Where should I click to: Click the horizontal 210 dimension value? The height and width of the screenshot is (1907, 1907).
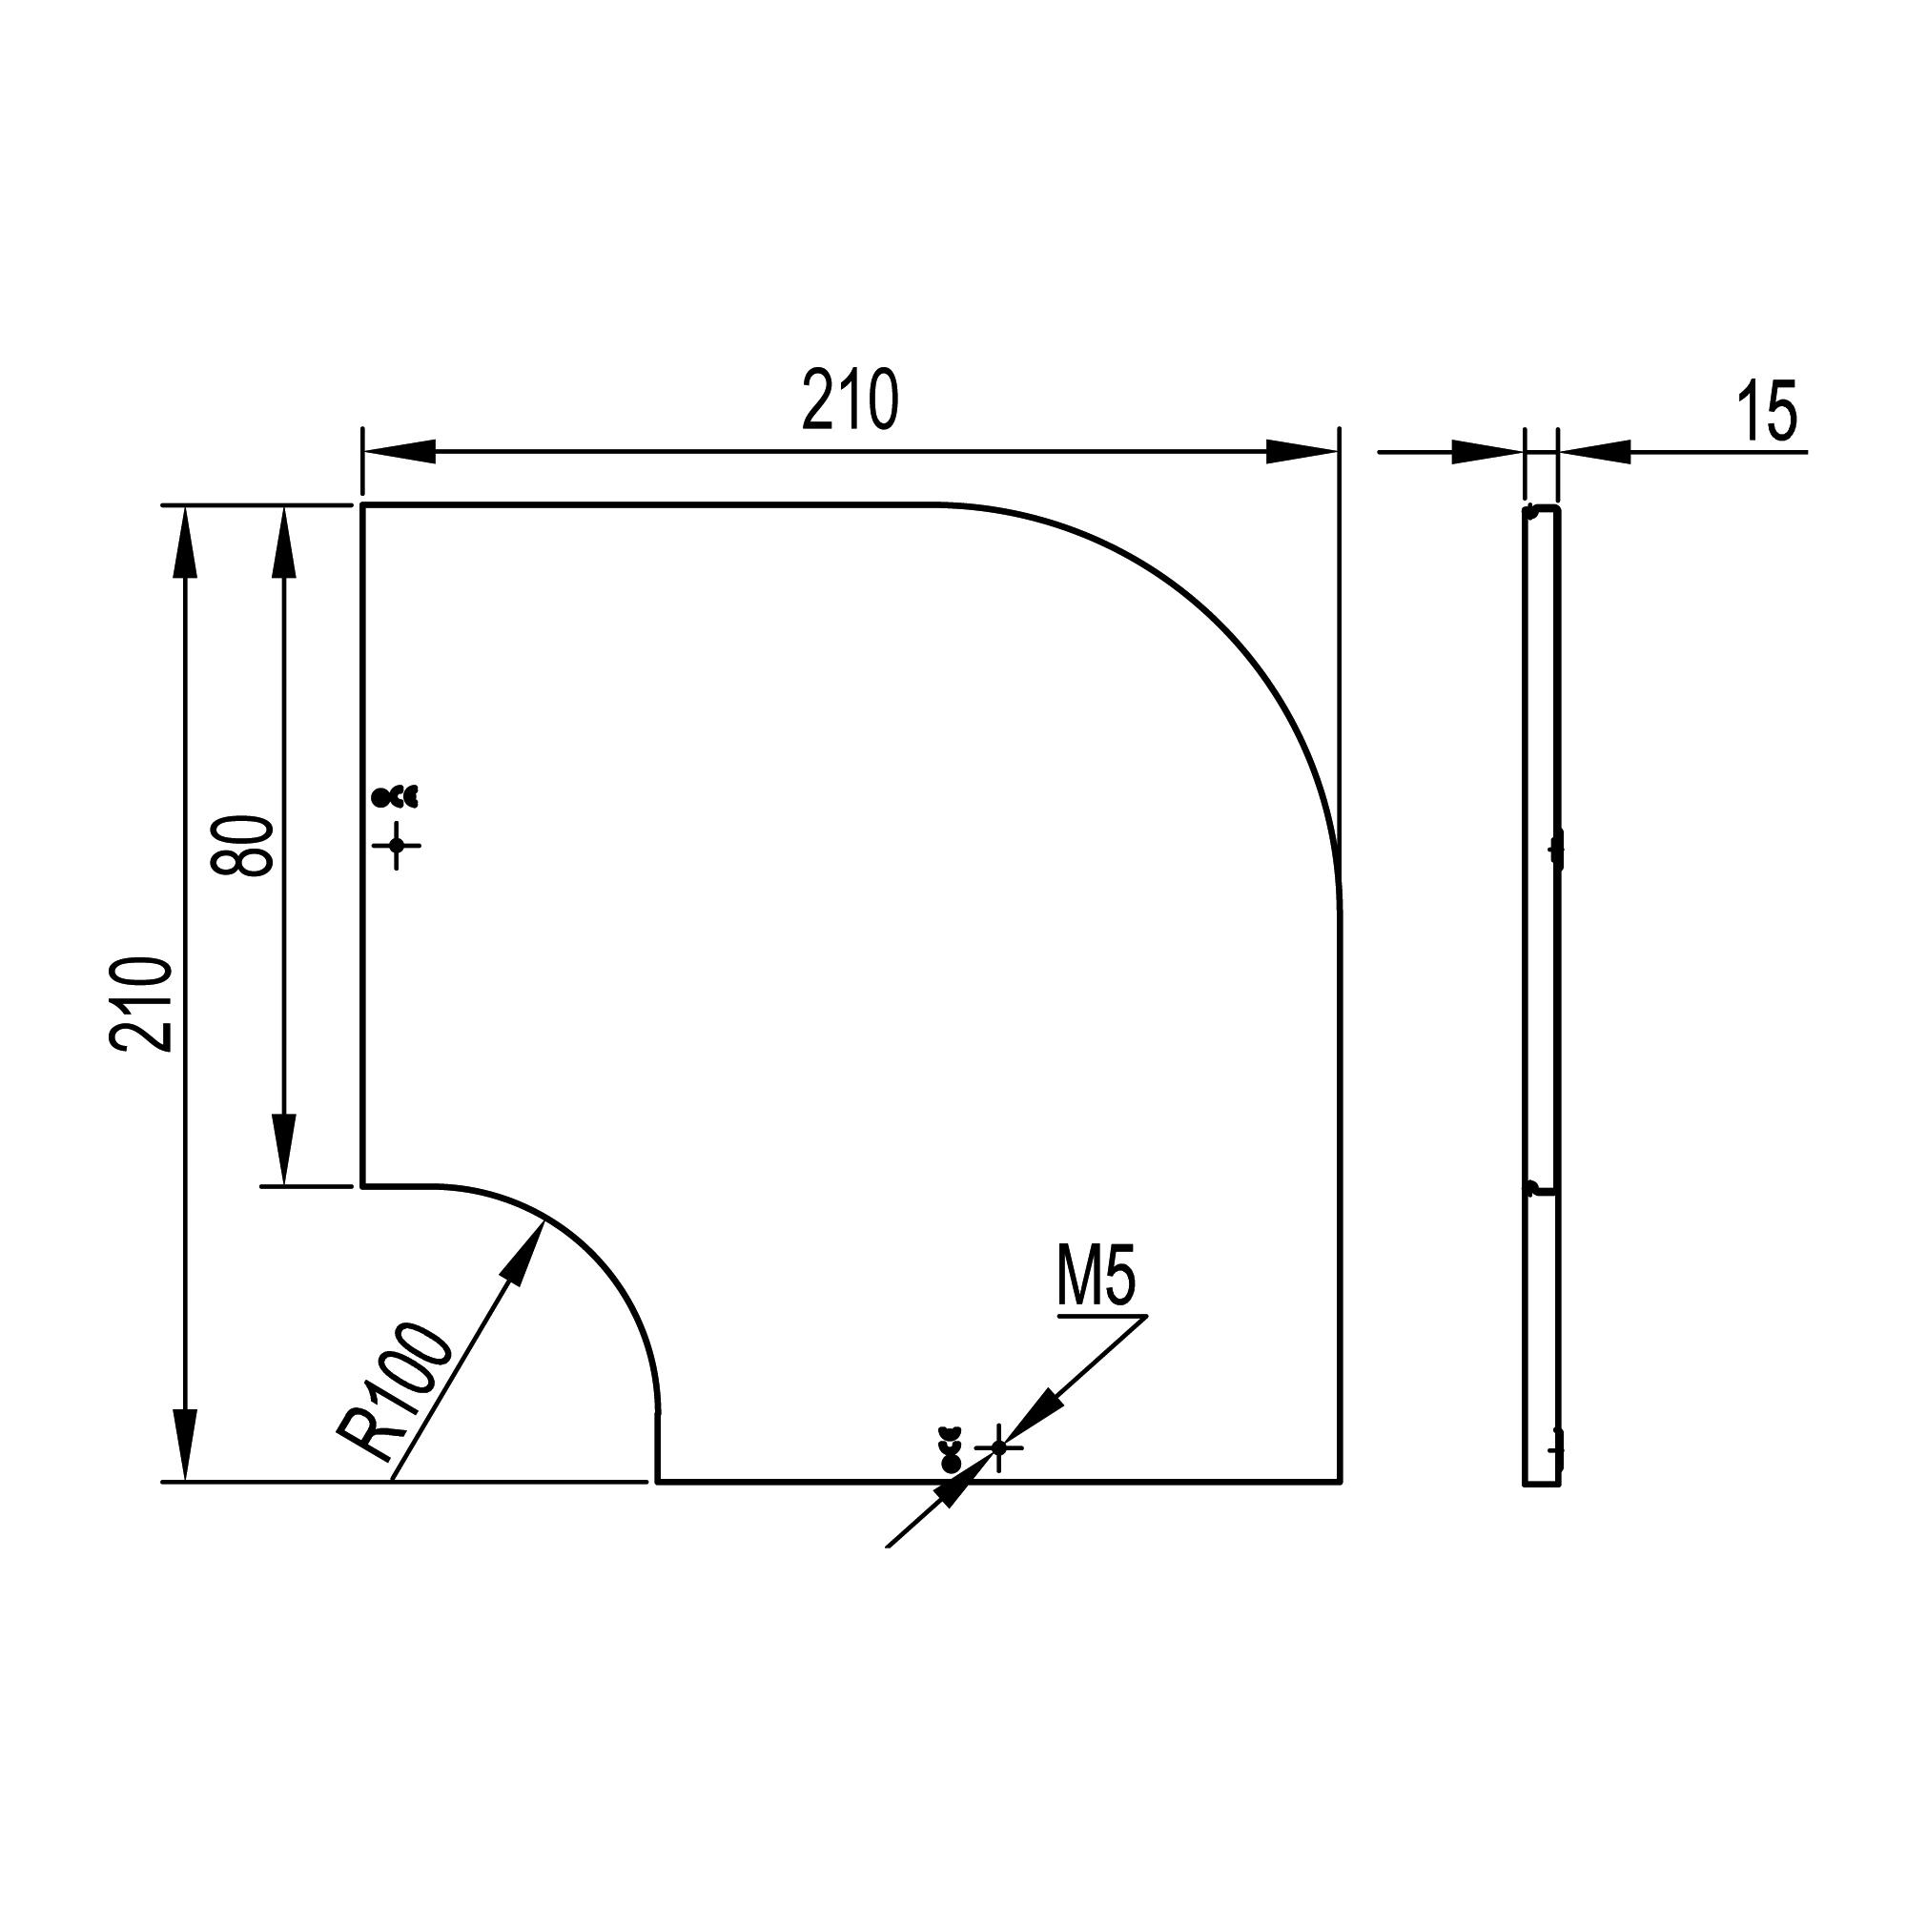850,400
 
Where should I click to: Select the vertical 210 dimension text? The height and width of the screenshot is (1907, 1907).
142,1004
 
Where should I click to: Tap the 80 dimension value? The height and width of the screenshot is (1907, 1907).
242,846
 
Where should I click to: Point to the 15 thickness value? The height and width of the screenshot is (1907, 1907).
1768,410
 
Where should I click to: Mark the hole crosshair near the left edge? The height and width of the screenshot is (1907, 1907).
397,845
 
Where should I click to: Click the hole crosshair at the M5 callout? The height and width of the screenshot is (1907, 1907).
998,1447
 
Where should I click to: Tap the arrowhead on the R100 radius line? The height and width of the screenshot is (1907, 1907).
525,1253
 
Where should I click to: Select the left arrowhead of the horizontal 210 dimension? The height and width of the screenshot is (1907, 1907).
399,452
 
